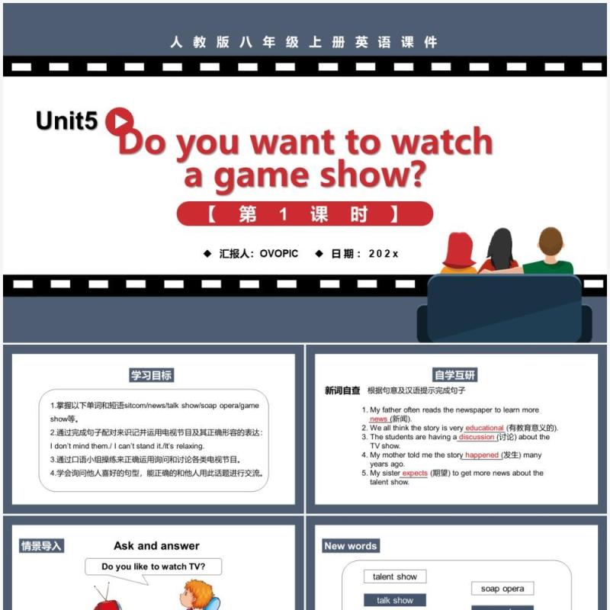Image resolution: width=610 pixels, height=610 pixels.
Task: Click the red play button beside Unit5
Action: [119, 120]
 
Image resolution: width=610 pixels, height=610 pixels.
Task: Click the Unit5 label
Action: [66, 121]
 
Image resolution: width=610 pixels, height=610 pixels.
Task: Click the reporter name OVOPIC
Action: [279, 254]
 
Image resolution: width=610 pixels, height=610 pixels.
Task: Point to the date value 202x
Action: [384, 254]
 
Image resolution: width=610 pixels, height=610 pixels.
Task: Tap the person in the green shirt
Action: [547, 252]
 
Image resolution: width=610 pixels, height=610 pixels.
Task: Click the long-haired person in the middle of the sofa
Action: [501, 252]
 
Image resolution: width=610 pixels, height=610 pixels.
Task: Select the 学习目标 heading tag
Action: [151, 375]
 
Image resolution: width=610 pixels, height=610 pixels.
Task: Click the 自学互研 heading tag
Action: [455, 375]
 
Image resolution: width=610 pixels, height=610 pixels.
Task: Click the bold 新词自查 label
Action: [342, 391]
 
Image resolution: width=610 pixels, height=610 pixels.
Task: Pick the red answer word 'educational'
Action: [484, 429]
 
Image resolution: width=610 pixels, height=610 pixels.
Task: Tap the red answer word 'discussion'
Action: [477, 438]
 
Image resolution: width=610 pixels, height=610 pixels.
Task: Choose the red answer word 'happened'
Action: [482, 455]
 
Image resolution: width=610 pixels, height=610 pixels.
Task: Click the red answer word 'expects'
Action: [415, 474]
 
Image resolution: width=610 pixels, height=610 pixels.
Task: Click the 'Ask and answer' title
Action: [156, 546]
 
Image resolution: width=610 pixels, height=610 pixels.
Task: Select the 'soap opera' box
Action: [502, 589]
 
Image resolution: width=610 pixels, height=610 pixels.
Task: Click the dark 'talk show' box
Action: [394, 601]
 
